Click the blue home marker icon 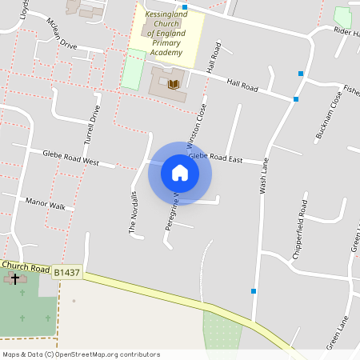180,173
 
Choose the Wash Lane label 262,175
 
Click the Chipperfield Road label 302,214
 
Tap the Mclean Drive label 62,34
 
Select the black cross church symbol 14,279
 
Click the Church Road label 26,266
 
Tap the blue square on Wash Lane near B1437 254,290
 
